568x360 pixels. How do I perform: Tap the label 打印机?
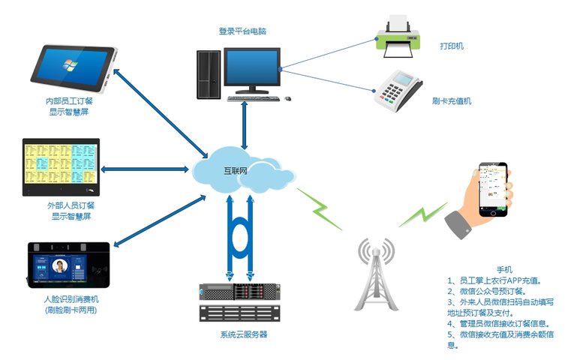(452, 46)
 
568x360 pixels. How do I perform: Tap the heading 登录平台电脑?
(242, 31)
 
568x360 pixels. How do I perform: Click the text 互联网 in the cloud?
(236, 171)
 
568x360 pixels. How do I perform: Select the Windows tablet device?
(71, 67)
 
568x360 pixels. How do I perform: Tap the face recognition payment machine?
(68, 267)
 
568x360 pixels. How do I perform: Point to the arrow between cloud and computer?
(245, 123)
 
